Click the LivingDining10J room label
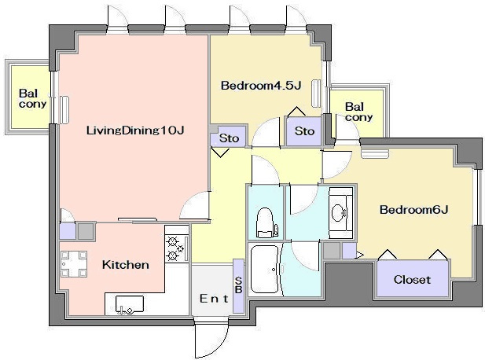pos(135,130)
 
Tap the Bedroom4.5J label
pos(261,86)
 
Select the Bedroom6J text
pos(413,210)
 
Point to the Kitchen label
pos(126,265)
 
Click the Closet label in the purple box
pos(412,280)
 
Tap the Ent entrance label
pos(214,299)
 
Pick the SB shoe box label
pos(239,285)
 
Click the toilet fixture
pos(266,222)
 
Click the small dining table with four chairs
pos(74,264)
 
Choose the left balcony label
pos(32,98)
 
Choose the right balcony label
pos(358,112)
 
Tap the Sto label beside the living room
pos(229,138)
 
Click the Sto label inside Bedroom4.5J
pos(304,131)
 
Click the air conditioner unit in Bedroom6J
pos(375,154)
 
